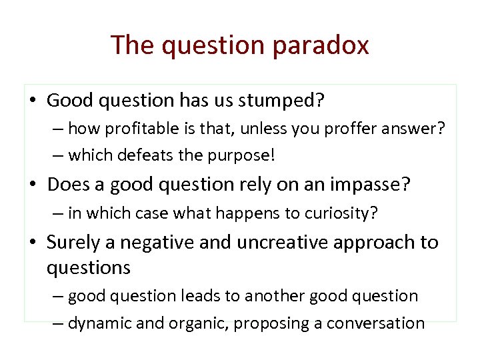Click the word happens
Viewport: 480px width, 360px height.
pos(243,213)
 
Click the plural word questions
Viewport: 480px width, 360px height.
pos(88,267)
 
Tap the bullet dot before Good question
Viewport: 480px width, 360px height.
pos(33,101)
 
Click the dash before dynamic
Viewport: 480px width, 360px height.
pos(58,323)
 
